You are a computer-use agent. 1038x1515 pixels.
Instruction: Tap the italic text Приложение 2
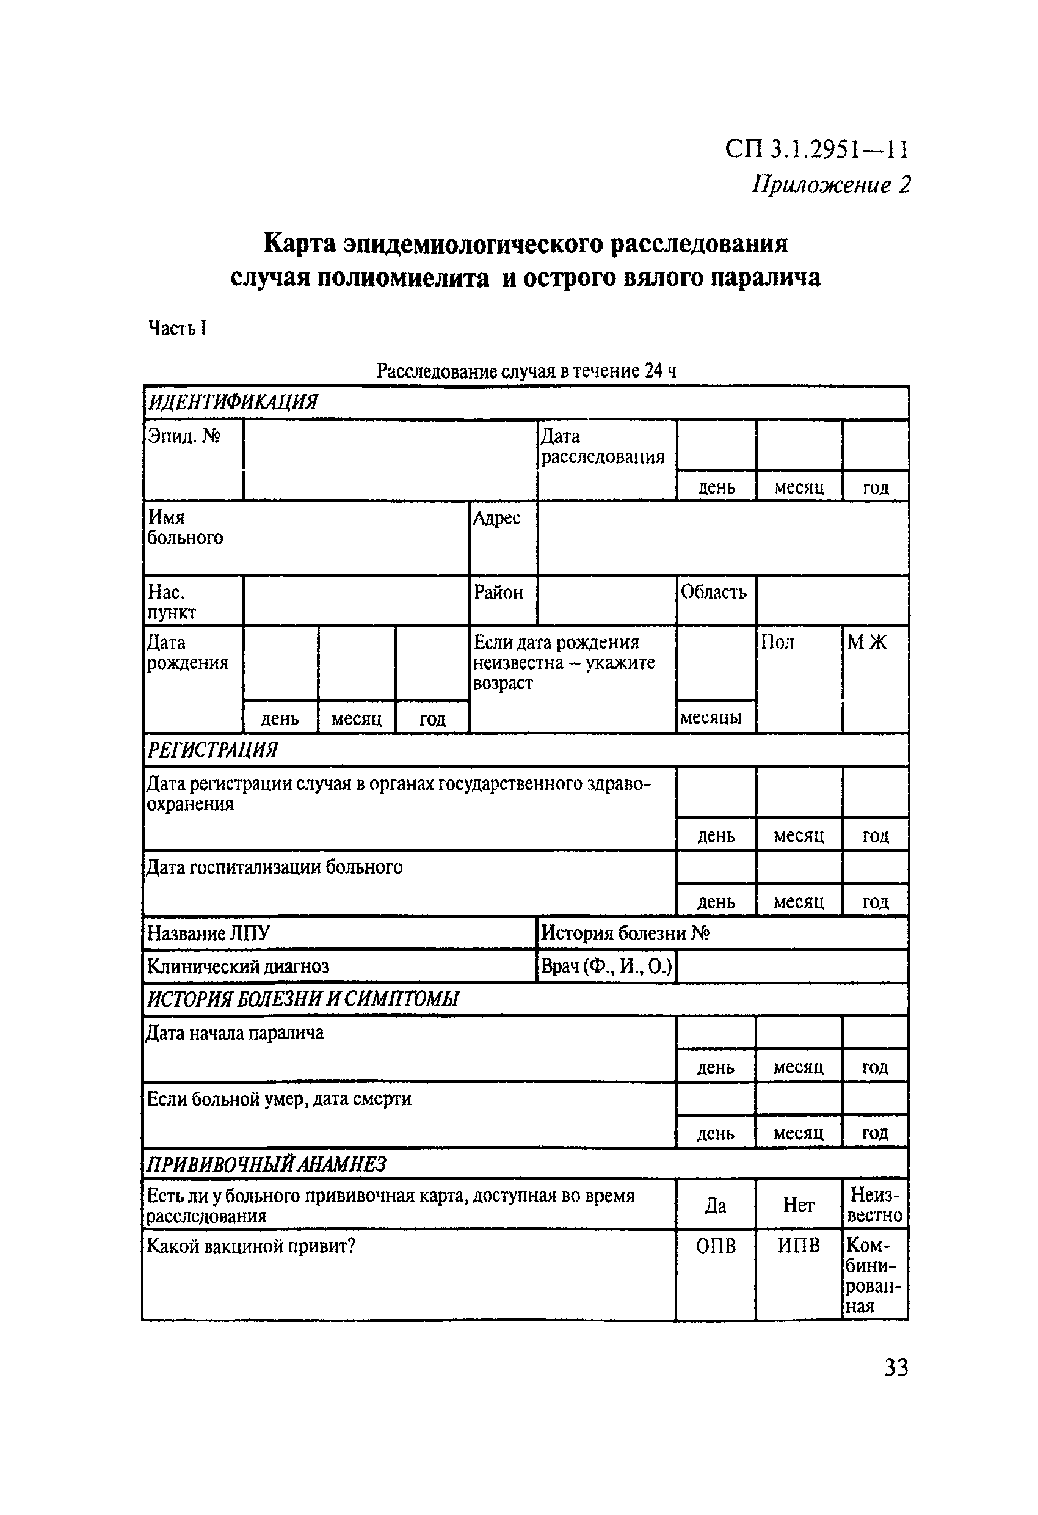[830, 184]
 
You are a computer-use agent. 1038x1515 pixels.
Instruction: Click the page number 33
[895, 1367]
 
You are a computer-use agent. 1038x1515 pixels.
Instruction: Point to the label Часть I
[177, 328]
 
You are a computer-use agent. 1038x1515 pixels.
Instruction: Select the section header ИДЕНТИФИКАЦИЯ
[233, 402]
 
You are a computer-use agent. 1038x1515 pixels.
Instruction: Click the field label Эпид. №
[184, 436]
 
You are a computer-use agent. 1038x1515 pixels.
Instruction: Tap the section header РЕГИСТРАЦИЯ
[212, 750]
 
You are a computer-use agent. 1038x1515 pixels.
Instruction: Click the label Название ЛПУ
[208, 933]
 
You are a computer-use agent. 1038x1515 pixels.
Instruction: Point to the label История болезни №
[624, 933]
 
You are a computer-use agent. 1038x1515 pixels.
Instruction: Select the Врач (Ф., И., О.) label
[605, 966]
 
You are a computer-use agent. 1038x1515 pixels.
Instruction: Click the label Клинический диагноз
[238, 966]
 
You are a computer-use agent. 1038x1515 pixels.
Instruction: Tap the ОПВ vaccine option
[716, 1246]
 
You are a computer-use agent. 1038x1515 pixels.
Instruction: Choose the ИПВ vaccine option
[798, 1246]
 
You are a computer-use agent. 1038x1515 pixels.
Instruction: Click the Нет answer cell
[798, 1205]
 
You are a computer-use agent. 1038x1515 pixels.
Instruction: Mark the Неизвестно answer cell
[875, 1205]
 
